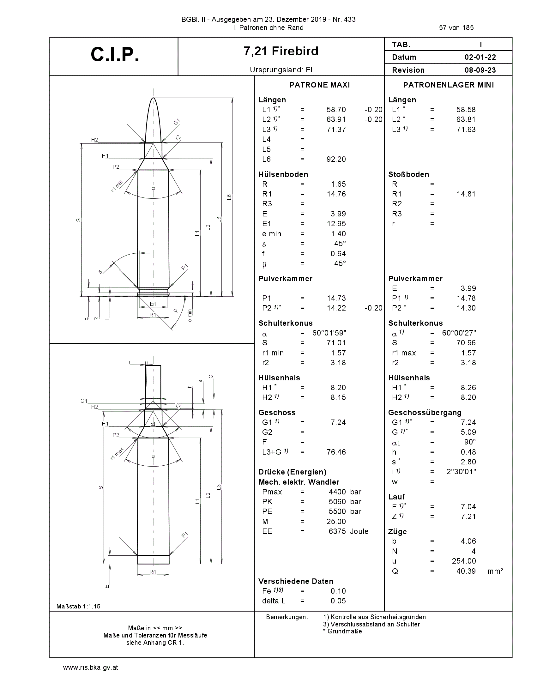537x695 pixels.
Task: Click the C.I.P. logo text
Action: point(115,55)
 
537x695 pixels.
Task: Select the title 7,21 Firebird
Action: point(281,51)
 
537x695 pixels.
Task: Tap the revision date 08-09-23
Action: point(480,70)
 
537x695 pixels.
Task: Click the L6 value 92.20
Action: point(336,159)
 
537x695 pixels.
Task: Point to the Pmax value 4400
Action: point(337,492)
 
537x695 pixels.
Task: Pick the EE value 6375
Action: point(337,531)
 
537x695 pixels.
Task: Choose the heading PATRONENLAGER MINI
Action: point(449,85)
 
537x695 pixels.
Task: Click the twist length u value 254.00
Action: point(464,561)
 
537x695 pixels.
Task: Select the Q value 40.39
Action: point(466,571)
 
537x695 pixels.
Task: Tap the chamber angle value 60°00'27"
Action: point(459,333)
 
